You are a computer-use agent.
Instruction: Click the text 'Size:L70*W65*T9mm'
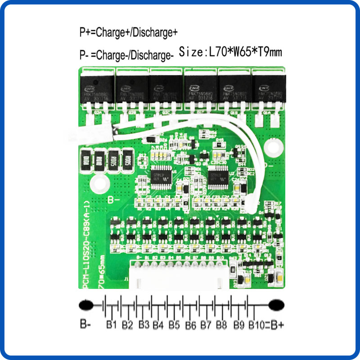click(230, 52)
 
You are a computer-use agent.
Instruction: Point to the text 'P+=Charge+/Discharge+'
click(129, 32)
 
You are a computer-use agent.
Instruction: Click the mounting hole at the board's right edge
click(272, 147)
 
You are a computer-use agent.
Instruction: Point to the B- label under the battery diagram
click(85, 323)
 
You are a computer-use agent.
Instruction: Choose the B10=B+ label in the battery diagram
click(265, 324)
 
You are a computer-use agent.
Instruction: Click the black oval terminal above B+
click(276, 306)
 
